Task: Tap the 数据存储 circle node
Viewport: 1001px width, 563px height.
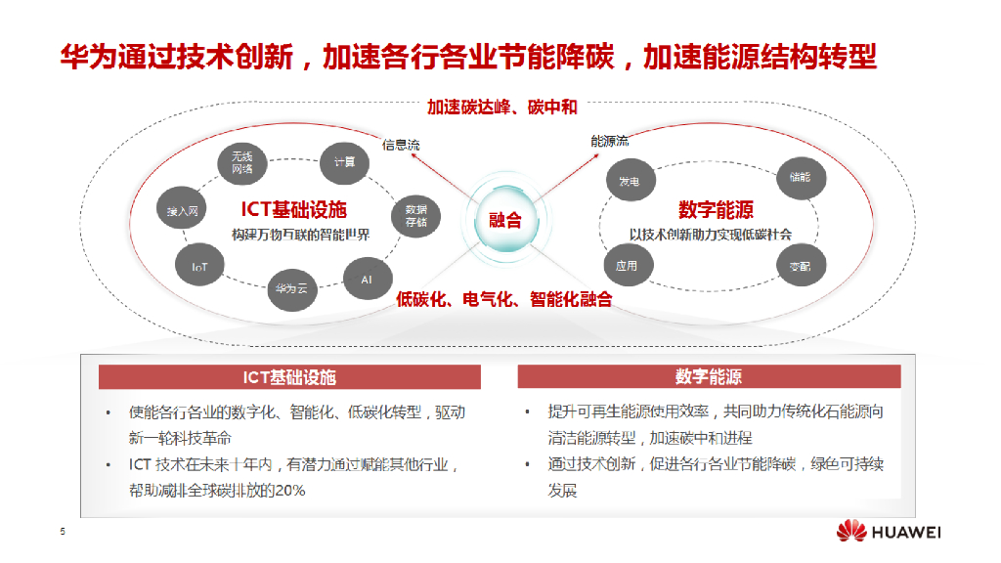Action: click(x=415, y=215)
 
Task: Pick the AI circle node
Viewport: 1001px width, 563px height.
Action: click(x=367, y=280)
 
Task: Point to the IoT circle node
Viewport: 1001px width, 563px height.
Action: click(x=199, y=266)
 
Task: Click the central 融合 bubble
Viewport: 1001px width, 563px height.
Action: click(x=505, y=220)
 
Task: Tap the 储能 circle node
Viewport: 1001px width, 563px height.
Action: click(x=801, y=178)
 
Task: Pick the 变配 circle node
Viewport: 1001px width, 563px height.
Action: click(x=801, y=266)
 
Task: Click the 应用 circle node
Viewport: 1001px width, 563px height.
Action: click(x=627, y=266)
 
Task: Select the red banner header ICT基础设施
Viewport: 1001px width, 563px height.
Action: click(x=289, y=377)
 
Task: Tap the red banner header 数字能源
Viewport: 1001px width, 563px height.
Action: click(x=709, y=377)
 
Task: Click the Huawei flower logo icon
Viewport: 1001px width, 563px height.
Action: click(x=850, y=532)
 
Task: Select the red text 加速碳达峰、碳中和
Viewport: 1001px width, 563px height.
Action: click(x=501, y=108)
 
